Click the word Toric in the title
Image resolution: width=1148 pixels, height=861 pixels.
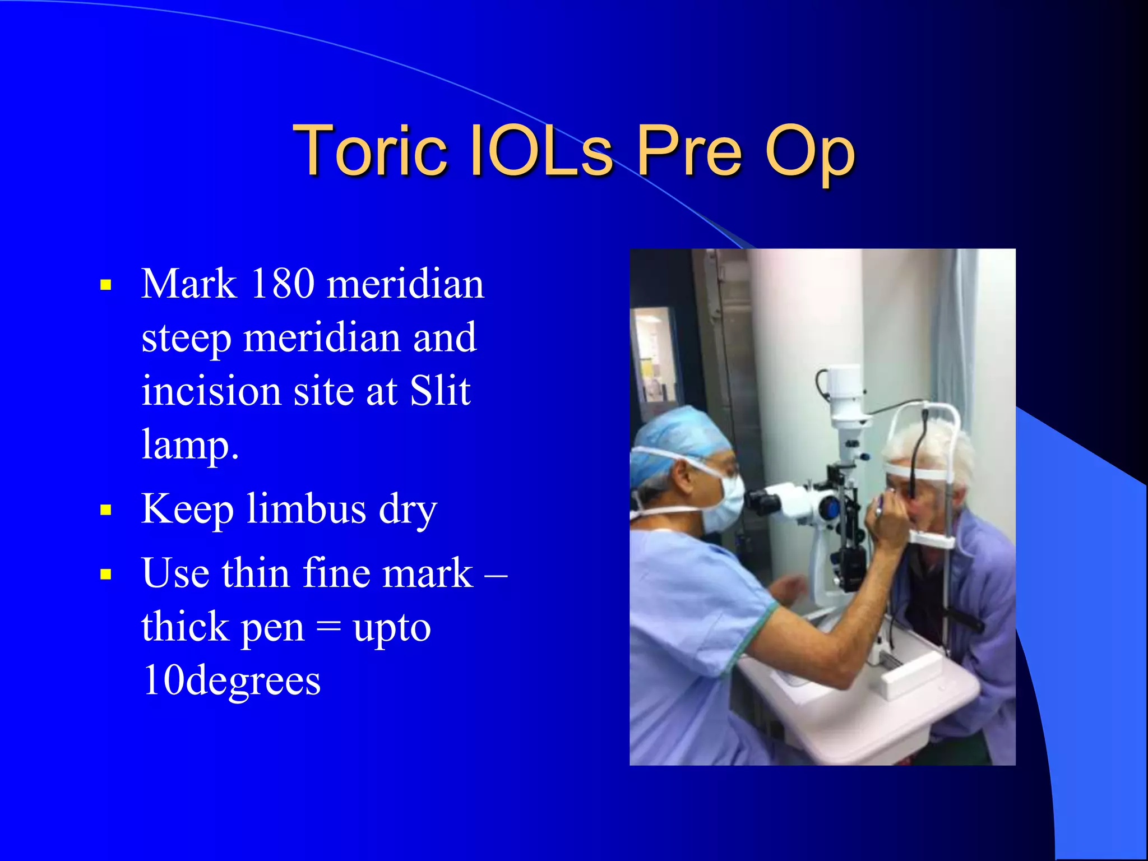[370, 150]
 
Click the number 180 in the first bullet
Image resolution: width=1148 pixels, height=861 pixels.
[283, 284]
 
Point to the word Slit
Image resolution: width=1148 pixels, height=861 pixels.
[440, 391]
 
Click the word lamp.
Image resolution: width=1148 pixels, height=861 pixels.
[189, 445]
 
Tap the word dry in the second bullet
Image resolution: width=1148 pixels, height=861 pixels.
[408, 510]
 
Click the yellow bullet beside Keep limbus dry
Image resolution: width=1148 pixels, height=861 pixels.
[106, 510]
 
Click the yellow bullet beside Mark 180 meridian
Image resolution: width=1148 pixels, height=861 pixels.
[106, 285]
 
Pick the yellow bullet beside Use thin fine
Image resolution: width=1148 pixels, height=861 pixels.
[106, 575]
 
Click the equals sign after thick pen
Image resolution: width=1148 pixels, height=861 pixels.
[328, 627]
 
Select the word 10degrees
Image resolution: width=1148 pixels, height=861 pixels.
[231, 681]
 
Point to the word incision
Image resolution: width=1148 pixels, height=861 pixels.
[211, 391]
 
